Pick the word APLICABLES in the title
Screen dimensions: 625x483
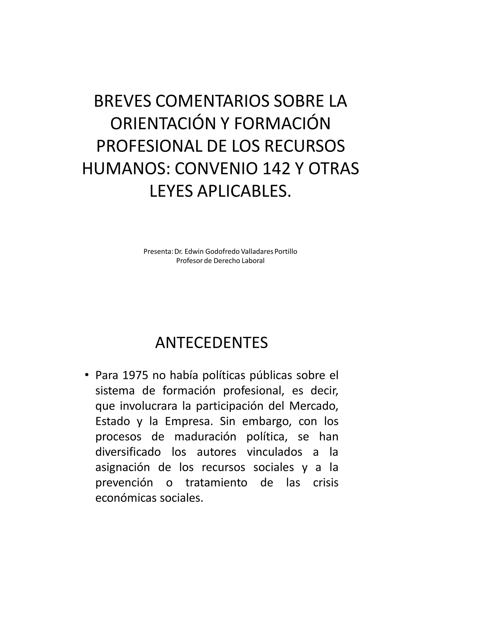242,192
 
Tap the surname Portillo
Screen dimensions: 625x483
286,252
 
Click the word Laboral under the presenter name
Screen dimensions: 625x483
253,261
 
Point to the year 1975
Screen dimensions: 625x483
135,375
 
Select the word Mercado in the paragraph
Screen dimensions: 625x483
314,406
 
